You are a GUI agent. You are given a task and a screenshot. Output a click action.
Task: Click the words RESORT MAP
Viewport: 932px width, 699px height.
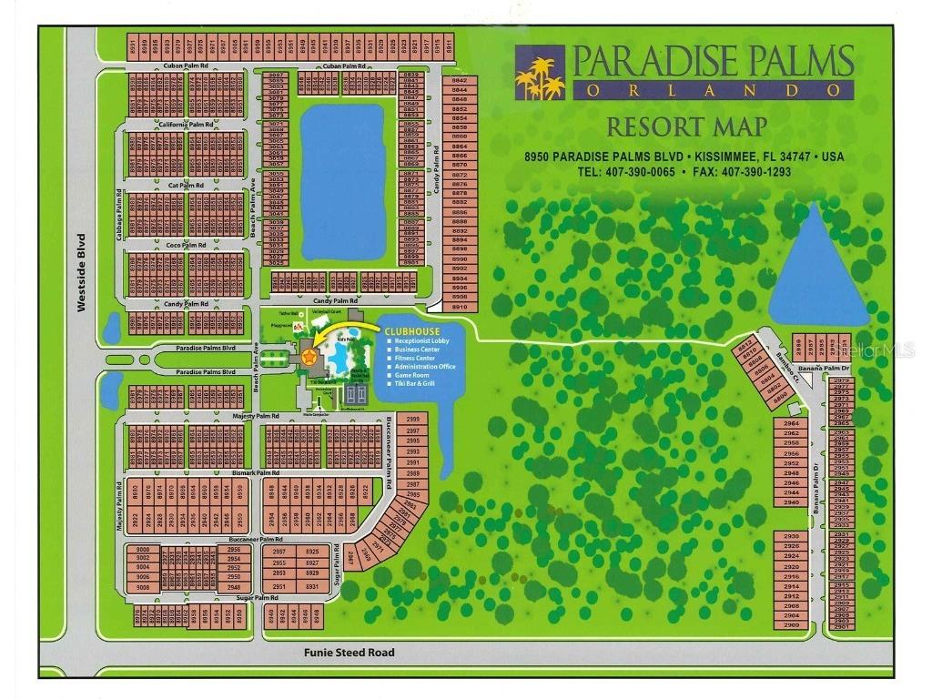[x=687, y=127]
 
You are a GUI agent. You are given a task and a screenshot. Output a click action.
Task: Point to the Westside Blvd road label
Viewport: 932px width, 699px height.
[x=82, y=273]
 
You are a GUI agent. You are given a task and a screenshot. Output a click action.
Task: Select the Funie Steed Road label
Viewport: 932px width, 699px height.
[x=349, y=652]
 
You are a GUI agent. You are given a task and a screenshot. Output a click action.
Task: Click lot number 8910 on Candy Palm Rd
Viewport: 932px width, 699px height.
[x=460, y=307]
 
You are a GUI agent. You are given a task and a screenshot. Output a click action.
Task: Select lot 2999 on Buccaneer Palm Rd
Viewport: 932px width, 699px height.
[x=412, y=420]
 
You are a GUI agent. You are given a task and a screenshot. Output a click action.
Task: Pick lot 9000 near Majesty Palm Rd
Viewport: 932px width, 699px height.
[x=143, y=551]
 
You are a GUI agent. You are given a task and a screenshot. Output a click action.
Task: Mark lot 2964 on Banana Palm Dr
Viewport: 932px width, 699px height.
[x=791, y=423]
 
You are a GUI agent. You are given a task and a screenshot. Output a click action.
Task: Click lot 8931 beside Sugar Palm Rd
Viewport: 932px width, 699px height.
[x=312, y=586]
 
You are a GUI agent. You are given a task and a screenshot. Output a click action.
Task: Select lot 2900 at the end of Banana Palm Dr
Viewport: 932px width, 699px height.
[x=791, y=625]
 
